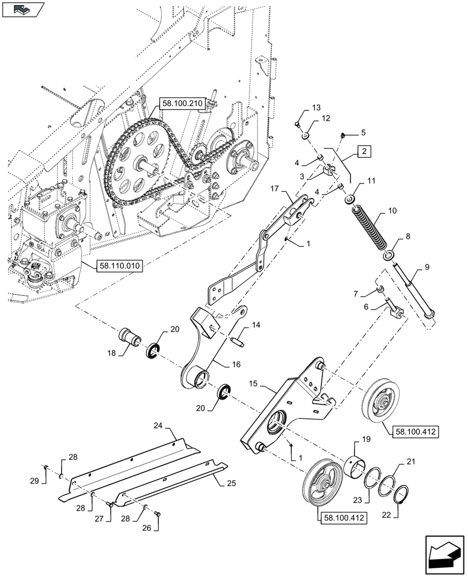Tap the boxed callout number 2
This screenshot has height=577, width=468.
tap(364, 152)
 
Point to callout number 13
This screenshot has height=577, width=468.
tap(315, 108)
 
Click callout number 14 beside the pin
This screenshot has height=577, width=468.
tap(256, 325)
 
